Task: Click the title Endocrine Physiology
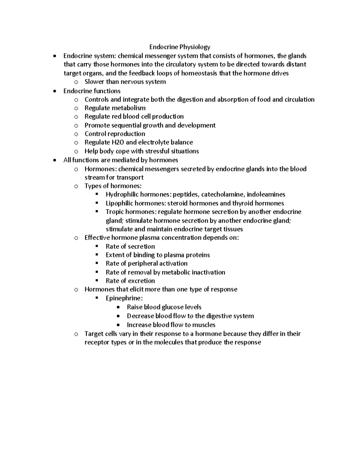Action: pyautogui.click(x=180, y=47)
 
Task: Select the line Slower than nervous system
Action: pyautogui.click(x=125, y=82)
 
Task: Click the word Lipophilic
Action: pyautogui.click(x=119, y=203)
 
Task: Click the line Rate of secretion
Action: pyautogui.click(x=130, y=246)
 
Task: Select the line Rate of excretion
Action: pyautogui.click(x=130, y=281)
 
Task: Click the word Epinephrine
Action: pyautogui.click(x=124, y=298)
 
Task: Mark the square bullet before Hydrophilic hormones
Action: pyautogui.click(x=97, y=194)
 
